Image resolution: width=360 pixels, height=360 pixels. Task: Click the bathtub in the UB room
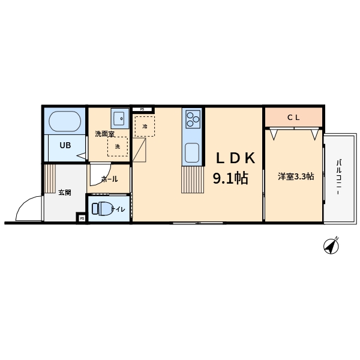tap(65, 121)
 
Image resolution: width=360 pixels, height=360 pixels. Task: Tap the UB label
tap(65, 145)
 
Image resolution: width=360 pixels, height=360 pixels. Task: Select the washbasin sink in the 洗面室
tap(120, 118)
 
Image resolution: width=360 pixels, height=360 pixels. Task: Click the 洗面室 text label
tap(104, 134)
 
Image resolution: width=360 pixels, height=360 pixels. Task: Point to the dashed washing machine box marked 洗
tap(118, 146)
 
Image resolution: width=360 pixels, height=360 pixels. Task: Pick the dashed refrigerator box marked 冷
tap(145, 127)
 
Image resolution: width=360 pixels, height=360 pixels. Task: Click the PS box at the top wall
tap(142, 109)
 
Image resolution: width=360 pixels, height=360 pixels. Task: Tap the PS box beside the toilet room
tap(82, 218)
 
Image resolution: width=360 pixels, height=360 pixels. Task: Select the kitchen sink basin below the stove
tap(192, 152)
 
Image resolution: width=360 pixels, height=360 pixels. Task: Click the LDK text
tap(236, 158)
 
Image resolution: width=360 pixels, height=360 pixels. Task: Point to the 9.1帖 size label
tap(230, 178)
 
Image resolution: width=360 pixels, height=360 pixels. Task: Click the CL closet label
tap(293, 118)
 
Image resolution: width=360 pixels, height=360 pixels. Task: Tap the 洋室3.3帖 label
tap(296, 176)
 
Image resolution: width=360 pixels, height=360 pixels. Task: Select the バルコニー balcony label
tap(338, 177)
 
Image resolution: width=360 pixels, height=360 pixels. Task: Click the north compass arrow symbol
tap(331, 245)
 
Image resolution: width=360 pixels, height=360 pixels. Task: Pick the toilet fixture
tap(101, 209)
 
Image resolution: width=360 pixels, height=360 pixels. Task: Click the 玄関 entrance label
tap(65, 193)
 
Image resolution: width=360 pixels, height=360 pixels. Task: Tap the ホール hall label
tap(110, 179)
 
